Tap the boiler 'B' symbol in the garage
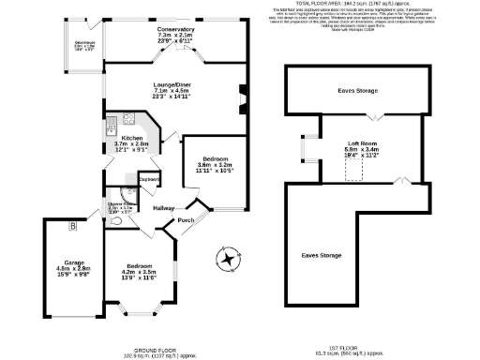click(71, 225)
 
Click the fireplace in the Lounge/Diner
click(243, 97)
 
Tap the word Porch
click(186, 220)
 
